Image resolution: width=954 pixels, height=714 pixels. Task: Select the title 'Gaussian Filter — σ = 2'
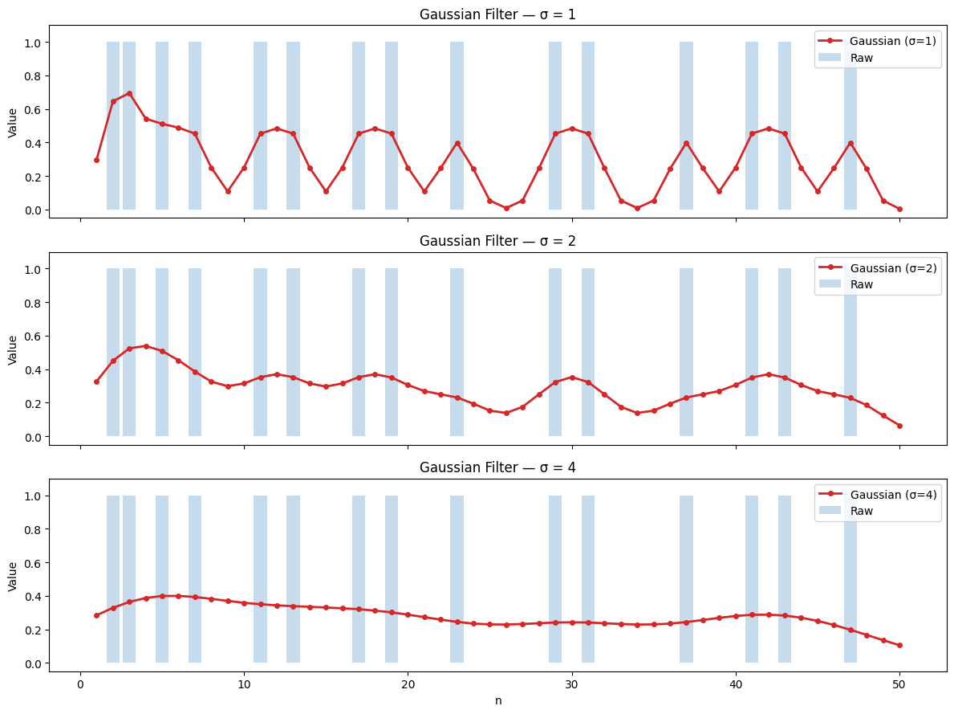click(497, 241)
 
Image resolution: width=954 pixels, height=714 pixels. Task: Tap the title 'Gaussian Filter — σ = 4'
click(497, 467)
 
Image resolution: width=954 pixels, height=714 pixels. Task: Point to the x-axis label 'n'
click(497, 700)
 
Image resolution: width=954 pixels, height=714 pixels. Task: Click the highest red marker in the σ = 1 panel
click(129, 93)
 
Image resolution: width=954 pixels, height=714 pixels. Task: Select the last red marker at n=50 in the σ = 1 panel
click(899, 209)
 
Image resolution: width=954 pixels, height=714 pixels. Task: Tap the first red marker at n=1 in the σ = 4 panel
click(96, 615)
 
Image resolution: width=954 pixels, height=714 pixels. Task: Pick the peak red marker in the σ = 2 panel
click(146, 346)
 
